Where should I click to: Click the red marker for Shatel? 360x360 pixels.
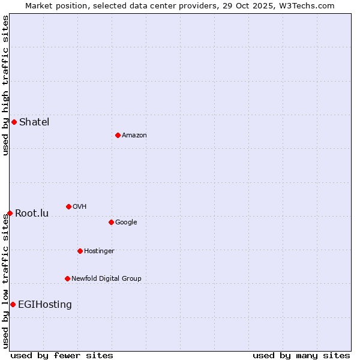[x=14, y=122]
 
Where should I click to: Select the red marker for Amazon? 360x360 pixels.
[x=118, y=135]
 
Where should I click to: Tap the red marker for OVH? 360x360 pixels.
[x=68, y=206]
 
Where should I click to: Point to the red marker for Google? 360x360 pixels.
[x=111, y=222]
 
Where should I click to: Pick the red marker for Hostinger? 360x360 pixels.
[x=80, y=251]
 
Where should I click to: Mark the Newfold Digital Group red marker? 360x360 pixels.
[x=67, y=278]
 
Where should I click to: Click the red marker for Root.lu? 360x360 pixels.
[x=10, y=213]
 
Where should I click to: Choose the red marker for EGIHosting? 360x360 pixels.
[x=13, y=304]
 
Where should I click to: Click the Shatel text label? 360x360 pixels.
[x=34, y=122]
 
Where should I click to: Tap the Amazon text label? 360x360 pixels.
[x=134, y=136]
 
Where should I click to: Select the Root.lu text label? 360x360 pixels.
[x=32, y=214]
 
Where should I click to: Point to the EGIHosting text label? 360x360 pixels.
[x=45, y=305]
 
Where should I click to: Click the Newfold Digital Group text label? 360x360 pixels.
[x=106, y=278]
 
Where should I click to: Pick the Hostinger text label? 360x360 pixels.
[x=99, y=251]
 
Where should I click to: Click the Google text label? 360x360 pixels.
[x=126, y=222]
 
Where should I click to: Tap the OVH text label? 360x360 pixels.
[x=79, y=207]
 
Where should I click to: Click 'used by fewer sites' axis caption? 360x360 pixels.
[x=62, y=355]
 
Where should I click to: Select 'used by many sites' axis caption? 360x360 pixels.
[x=301, y=355]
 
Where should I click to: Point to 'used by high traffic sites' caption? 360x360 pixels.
[x=5, y=85]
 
